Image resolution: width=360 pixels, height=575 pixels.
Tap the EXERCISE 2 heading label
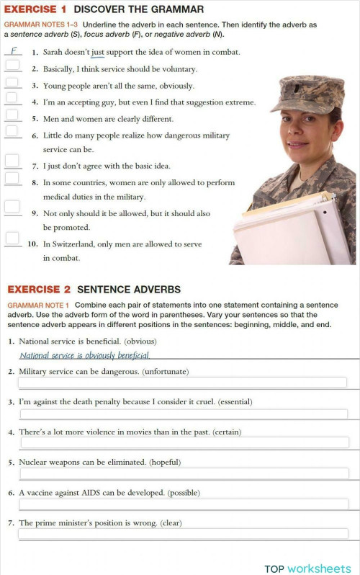pos(39,289)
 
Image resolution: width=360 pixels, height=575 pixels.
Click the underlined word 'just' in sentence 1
pos(98,52)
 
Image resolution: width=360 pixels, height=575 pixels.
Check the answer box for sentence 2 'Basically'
pos(12,66)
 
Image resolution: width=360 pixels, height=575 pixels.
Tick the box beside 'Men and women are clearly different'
pos(12,115)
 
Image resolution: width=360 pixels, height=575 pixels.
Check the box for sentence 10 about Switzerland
pos(12,238)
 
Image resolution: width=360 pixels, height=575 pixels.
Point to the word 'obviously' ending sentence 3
pos(172,85)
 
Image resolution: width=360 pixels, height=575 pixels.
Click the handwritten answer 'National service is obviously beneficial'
pos(84,355)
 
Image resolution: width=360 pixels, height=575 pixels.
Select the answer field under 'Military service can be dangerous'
pos(183,383)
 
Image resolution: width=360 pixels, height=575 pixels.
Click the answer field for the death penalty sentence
pos(183,414)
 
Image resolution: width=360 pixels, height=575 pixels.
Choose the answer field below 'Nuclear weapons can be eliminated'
pos(183,473)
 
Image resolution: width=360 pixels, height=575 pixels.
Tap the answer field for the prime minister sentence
pos(183,534)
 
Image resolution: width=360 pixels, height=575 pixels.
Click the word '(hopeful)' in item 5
pos(165,462)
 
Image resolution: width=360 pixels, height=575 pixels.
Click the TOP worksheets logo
pos(307,569)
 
